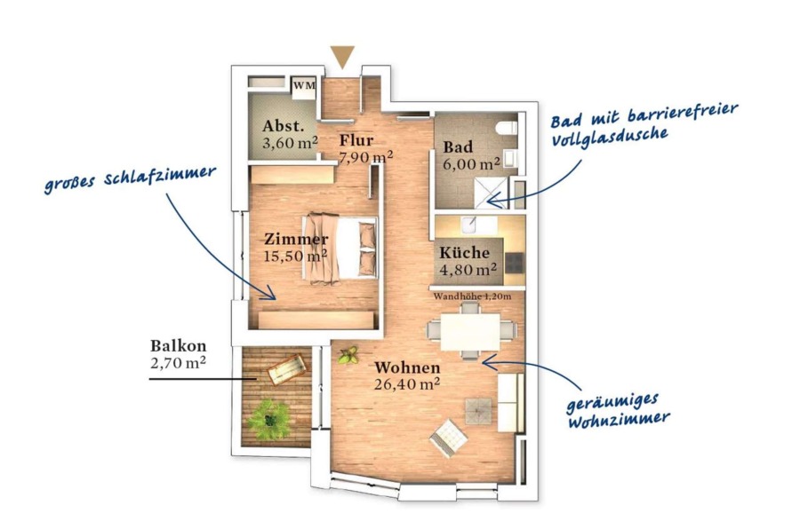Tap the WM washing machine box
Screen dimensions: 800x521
tap(304, 85)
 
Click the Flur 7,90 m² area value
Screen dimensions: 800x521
tap(366, 156)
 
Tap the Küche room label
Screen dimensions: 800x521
tap(464, 253)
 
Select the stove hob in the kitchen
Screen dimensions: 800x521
tap(515, 263)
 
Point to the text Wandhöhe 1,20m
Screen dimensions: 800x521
tap(472, 296)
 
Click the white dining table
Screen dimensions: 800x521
tap(470, 332)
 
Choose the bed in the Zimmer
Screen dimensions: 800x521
tap(340, 248)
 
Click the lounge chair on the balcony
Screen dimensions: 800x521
tap(287, 368)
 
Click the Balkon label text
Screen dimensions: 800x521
tap(178, 346)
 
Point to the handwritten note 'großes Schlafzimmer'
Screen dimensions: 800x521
tap(130, 178)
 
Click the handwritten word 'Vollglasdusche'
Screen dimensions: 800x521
tap(609, 137)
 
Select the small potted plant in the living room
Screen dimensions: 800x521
tap(348, 355)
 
